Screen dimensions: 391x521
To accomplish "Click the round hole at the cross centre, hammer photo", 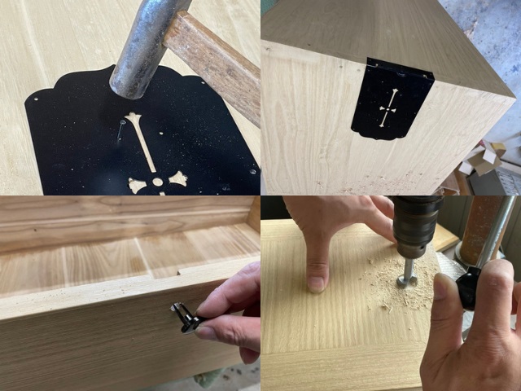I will [156, 181].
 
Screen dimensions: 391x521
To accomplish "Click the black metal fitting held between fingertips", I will [185, 317].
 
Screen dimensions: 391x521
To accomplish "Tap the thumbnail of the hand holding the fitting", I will [208, 332].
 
